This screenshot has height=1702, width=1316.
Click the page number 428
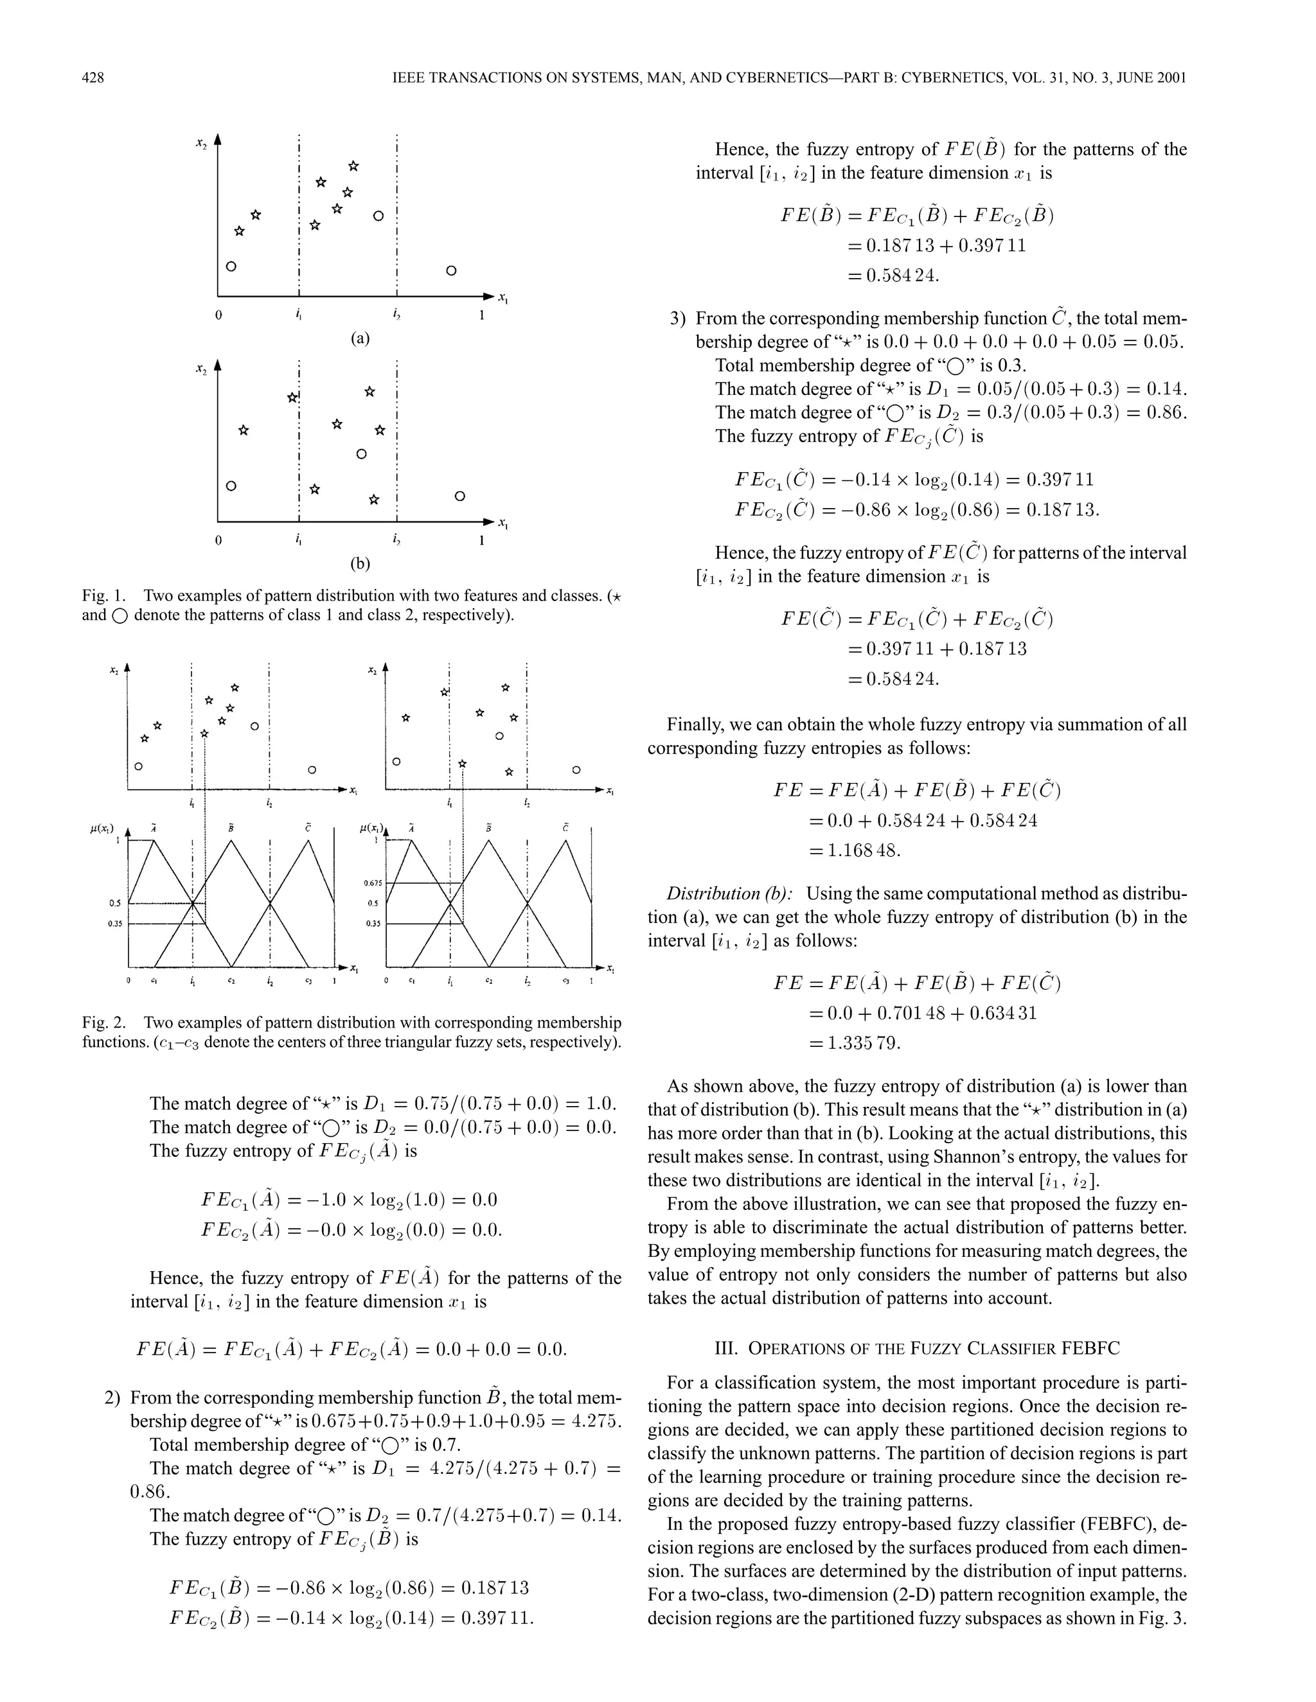tap(93, 77)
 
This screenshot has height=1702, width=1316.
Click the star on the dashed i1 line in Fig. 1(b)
tap(292, 398)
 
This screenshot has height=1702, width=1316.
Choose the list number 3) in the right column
tap(679, 319)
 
